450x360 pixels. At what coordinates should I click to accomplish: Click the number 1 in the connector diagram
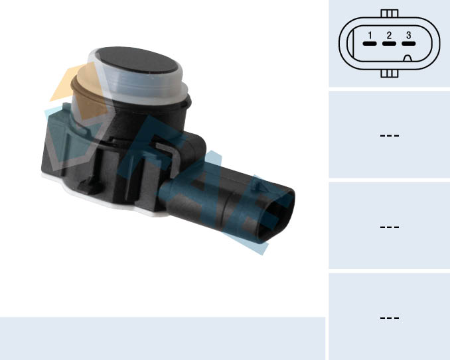(370, 35)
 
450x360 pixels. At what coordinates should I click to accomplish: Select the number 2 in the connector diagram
(389, 35)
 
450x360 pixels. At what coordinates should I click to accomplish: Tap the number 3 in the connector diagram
(408, 35)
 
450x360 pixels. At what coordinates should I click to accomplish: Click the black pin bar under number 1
(370, 44)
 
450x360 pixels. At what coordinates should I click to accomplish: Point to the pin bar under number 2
(389, 44)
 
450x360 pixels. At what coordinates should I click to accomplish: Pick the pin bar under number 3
(408, 44)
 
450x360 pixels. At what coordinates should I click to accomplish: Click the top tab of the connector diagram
(390, 13)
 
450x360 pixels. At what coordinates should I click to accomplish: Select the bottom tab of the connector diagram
(390, 74)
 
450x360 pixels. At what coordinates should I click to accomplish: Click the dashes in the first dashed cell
(389, 135)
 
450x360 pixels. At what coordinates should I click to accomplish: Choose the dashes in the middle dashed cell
(389, 227)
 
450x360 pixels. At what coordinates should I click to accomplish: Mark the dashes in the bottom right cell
(389, 318)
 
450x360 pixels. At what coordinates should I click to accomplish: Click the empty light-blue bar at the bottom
(162, 338)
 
